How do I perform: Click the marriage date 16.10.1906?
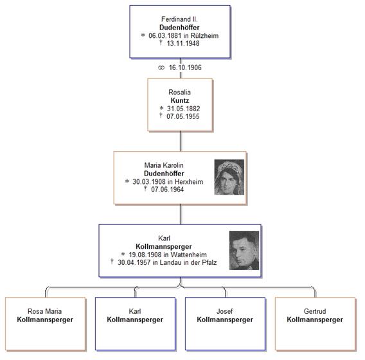(185, 67)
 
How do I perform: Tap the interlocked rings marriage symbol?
(161, 67)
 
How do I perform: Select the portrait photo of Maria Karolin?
(229, 177)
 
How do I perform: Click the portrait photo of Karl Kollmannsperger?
(244, 250)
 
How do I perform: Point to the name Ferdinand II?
(179, 19)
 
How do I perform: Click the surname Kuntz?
(180, 100)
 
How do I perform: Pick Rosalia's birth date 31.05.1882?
(183, 109)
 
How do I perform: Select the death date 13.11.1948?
(183, 43)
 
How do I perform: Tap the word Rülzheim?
(204, 35)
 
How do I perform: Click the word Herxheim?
(189, 182)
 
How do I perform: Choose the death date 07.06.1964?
(167, 189)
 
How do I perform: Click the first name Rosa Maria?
(45, 311)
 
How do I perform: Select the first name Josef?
(225, 311)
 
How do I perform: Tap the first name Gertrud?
(315, 311)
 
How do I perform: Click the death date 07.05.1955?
(183, 116)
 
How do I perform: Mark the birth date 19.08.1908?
(145, 255)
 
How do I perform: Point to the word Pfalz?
(209, 262)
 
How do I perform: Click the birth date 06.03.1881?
(165, 35)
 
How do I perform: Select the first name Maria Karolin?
(164, 165)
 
